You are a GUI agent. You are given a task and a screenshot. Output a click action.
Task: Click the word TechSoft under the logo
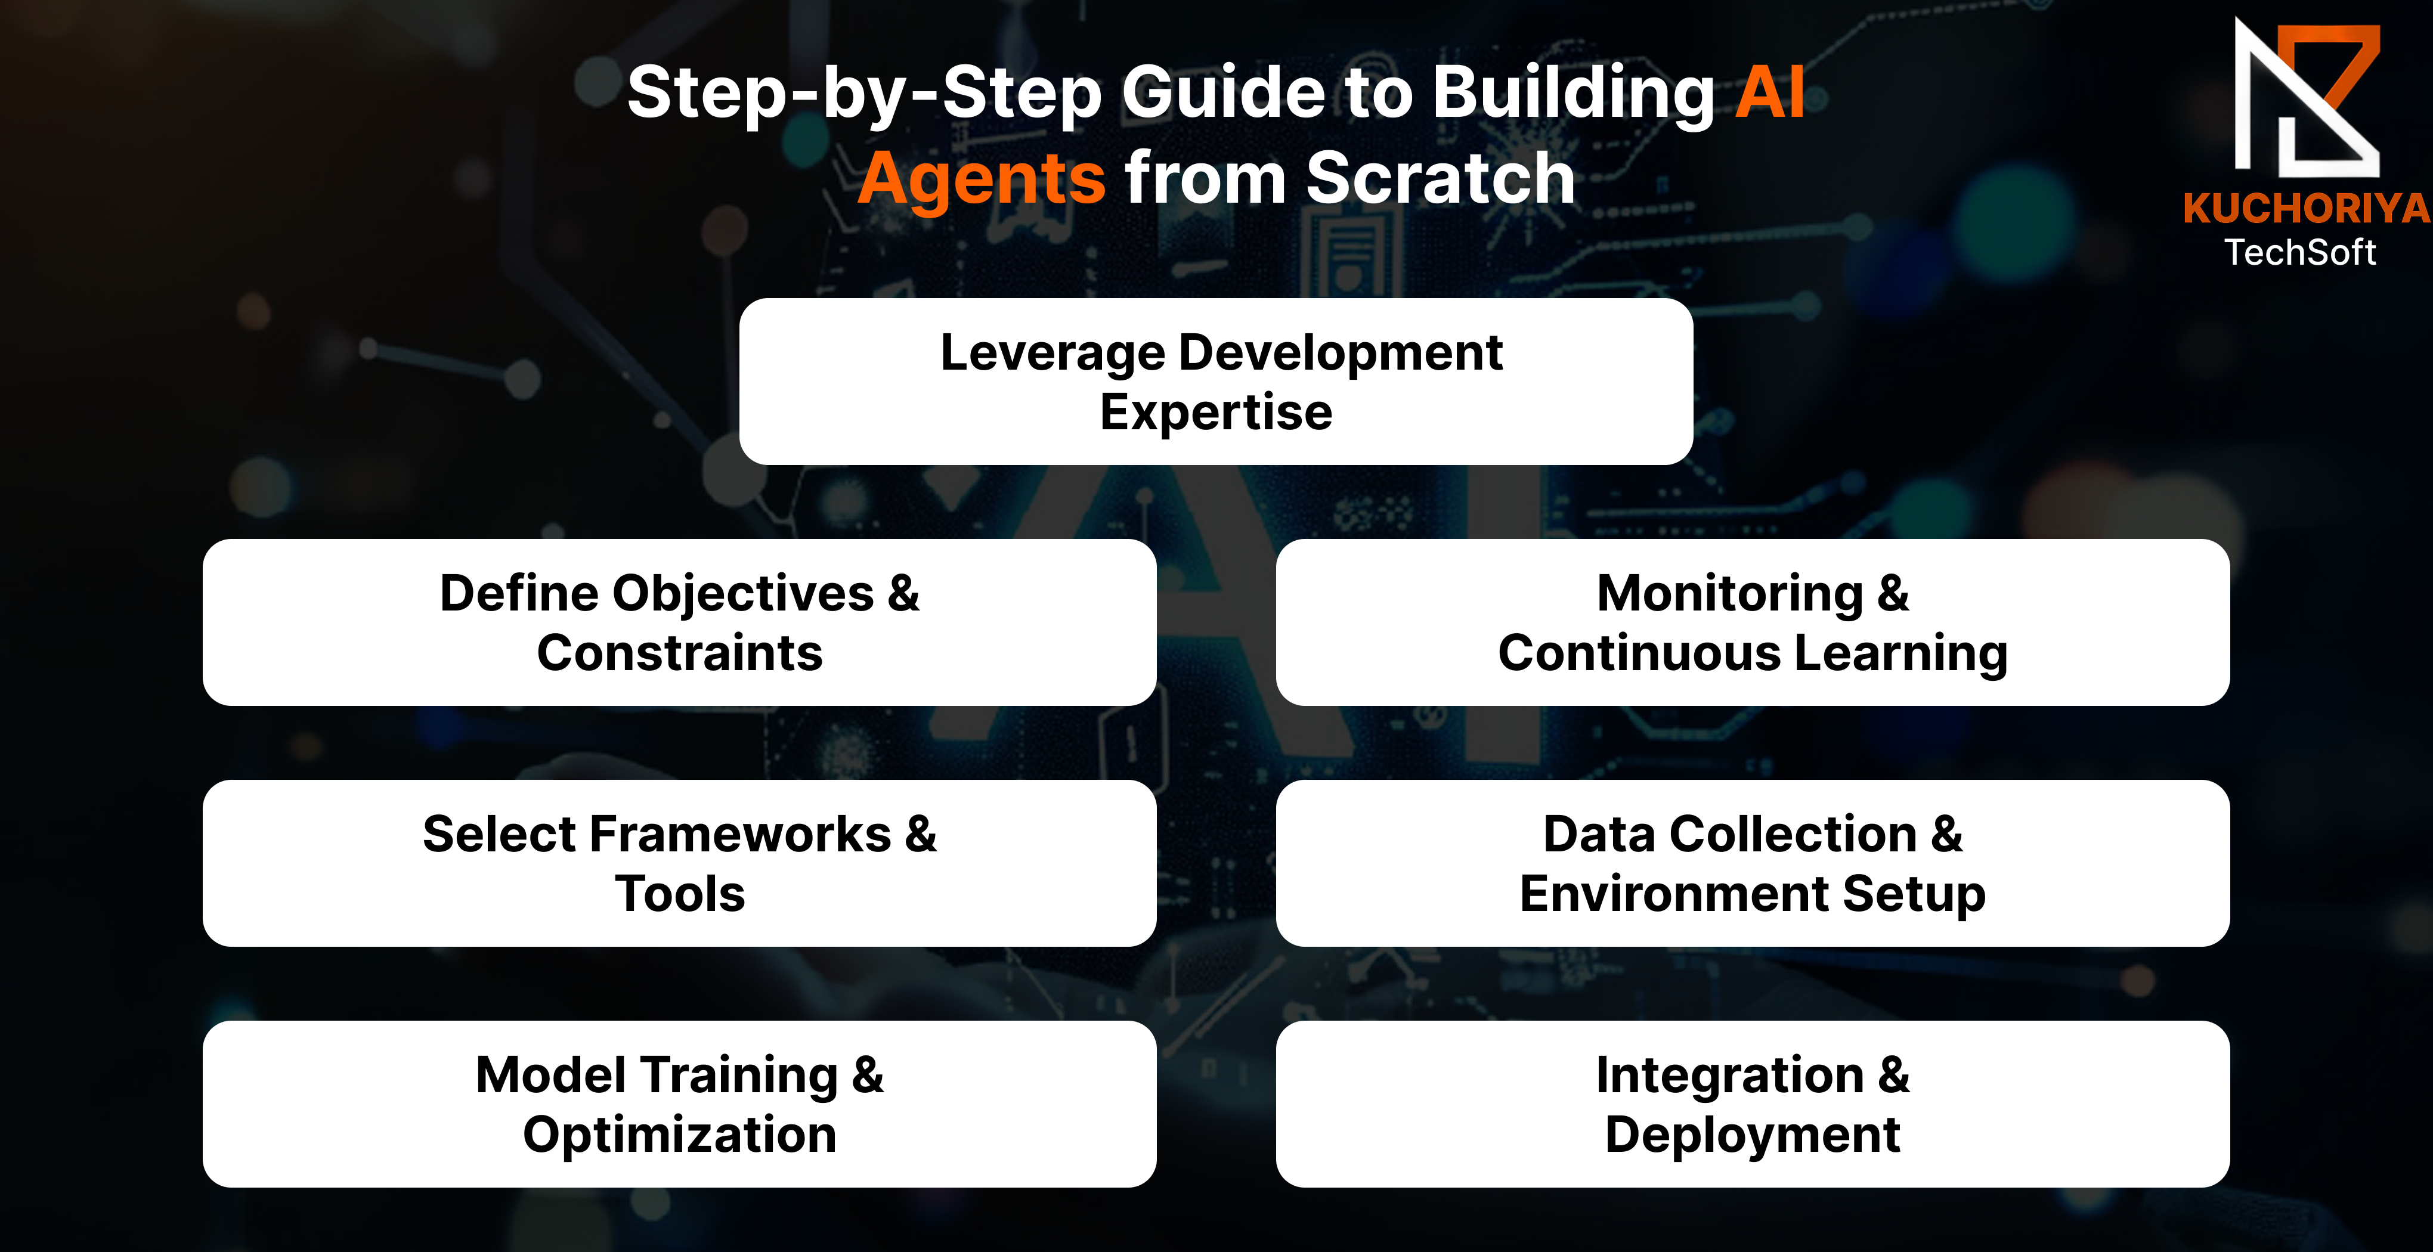[2300, 252]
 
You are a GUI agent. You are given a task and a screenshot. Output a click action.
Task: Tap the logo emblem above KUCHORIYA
[2307, 98]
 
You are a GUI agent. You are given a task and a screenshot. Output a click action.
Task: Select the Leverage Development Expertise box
[1215, 382]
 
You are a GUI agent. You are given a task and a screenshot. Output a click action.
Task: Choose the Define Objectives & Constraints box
[679, 622]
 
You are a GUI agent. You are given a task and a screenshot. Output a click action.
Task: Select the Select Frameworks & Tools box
[679, 863]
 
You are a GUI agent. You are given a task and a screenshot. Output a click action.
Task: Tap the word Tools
[680, 893]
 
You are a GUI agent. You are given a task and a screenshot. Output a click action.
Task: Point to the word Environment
[1674, 893]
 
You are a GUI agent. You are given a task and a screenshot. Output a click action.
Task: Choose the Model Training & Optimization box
[679, 1104]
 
